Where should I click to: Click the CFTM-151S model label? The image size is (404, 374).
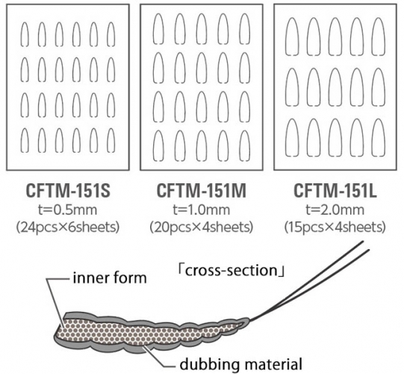click(x=68, y=191)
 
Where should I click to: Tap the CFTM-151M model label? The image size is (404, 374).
click(x=201, y=191)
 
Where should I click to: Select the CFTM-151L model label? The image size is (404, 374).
click(x=335, y=191)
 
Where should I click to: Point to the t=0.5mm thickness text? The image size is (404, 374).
click(x=68, y=210)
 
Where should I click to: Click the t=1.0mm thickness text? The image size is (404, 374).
click(x=201, y=210)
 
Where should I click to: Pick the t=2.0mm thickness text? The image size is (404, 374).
click(x=335, y=210)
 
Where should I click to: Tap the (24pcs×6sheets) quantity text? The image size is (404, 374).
click(x=68, y=227)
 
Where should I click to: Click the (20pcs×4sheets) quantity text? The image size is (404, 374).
click(x=201, y=227)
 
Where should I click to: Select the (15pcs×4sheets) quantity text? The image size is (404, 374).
click(x=335, y=227)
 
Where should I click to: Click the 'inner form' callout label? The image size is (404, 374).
click(x=110, y=278)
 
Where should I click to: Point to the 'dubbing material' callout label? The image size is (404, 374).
click(x=240, y=364)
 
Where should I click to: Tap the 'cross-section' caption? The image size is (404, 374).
click(x=231, y=271)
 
